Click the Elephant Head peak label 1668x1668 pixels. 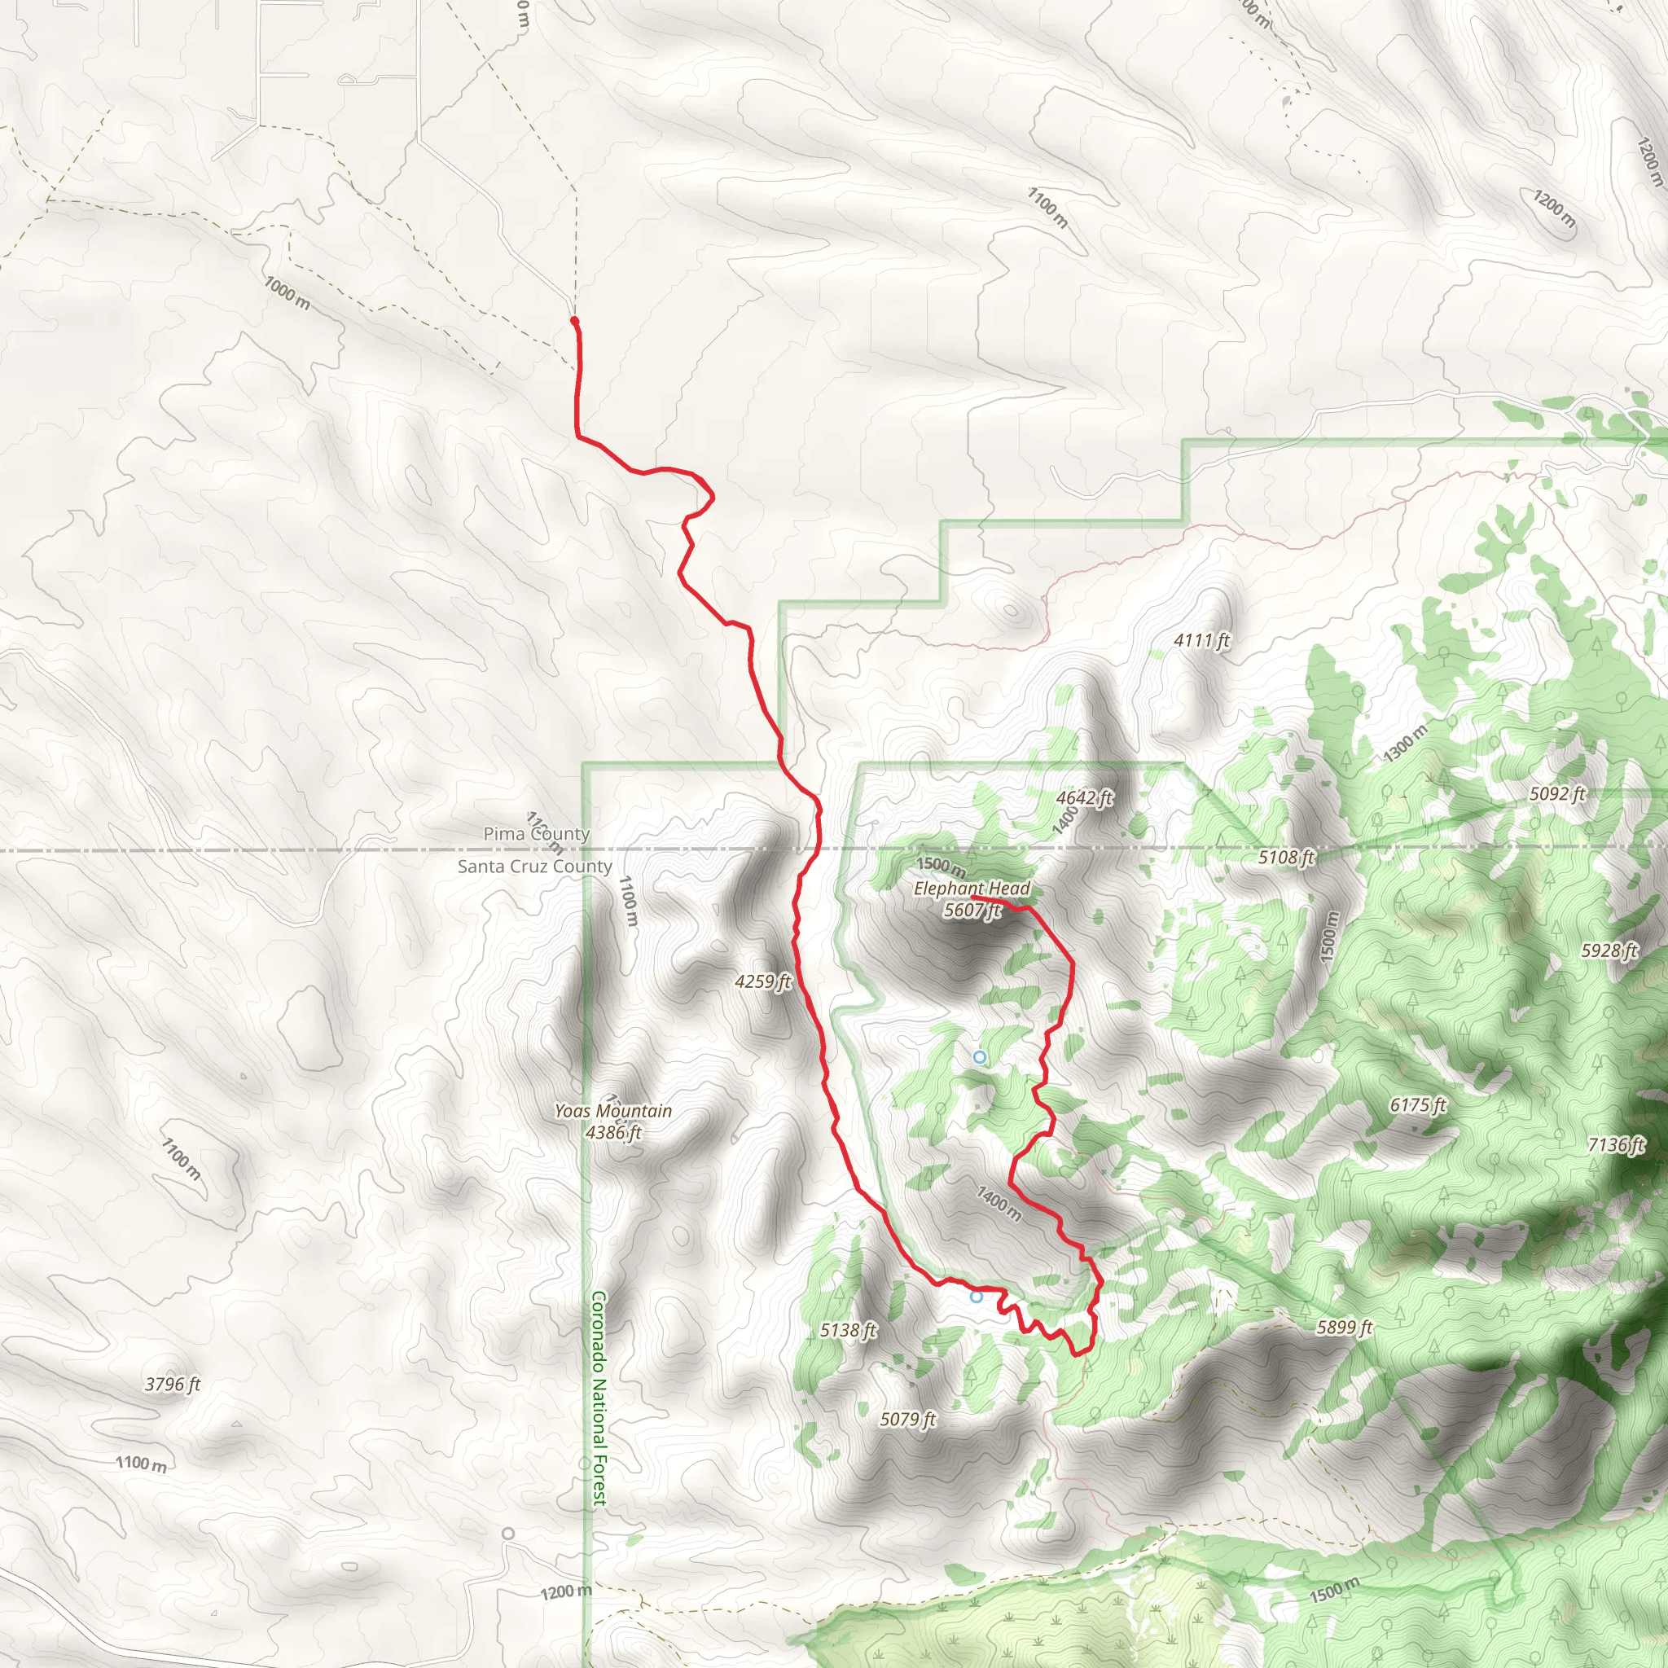[972, 889]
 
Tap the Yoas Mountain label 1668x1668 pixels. [613, 1111]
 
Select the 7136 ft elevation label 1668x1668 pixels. [1616, 1145]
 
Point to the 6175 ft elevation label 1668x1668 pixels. [1418, 1105]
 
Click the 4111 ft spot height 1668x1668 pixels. [1201, 641]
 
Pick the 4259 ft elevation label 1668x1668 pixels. [762, 981]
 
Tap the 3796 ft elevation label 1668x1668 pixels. [172, 1385]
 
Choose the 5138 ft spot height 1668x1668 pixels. [848, 1331]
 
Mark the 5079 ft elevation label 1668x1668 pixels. [907, 1420]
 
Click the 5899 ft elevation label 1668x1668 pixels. [1344, 1328]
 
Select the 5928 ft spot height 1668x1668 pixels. [1609, 950]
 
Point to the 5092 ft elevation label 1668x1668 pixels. [1557, 793]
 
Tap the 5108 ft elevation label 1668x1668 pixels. [1286, 858]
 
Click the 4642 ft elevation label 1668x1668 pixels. [1084, 797]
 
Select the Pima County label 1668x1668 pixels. [536, 834]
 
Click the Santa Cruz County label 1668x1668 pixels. [534, 866]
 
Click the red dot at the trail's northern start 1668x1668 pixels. [574, 321]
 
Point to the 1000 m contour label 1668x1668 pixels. [287, 293]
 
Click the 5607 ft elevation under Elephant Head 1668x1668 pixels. [972, 910]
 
